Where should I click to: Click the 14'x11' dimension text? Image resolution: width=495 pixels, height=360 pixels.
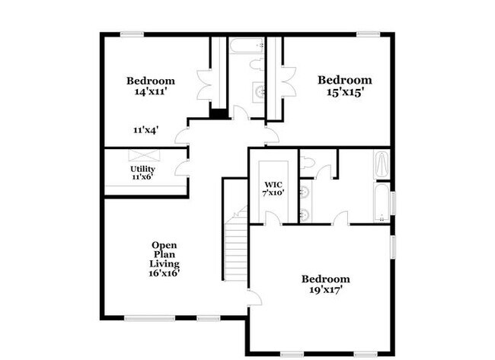click(150, 91)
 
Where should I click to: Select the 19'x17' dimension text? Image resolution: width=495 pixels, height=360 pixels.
click(325, 290)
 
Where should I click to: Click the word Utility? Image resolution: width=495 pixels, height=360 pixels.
click(142, 169)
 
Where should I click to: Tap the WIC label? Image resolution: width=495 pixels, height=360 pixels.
click(273, 185)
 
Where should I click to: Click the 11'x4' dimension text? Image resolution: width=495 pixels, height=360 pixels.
click(145, 130)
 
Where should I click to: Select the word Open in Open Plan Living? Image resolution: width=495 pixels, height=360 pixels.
click(164, 245)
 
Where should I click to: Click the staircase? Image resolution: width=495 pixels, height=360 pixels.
click(237, 248)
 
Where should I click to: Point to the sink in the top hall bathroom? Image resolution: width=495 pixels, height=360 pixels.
click(258, 92)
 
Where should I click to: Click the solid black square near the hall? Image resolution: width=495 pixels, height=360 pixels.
click(219, 115)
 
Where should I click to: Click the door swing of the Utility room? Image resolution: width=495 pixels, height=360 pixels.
click(182, 168)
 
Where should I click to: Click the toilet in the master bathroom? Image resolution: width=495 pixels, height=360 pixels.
click(307, 162)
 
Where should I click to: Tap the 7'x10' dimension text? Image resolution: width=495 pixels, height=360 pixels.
click(273, 193)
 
